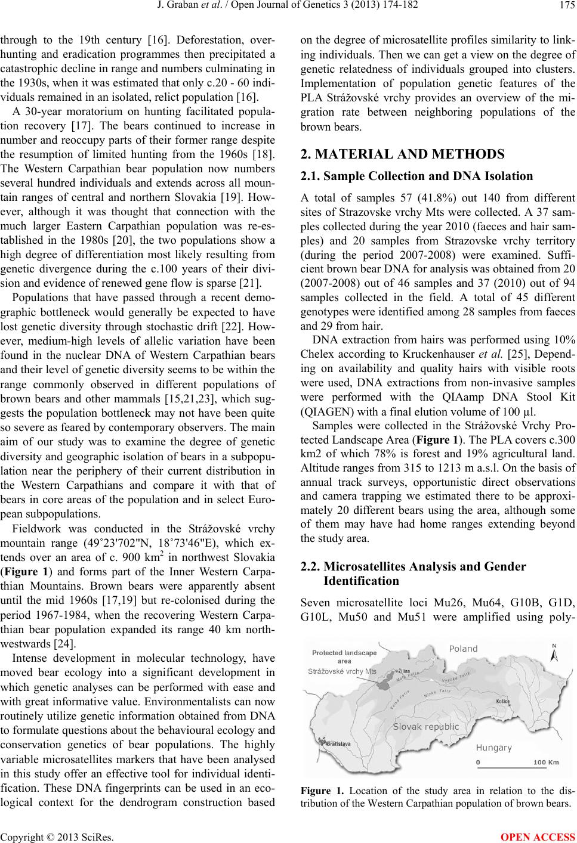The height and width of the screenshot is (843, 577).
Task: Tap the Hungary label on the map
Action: point(493,748)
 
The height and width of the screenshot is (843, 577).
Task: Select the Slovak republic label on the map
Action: point(426,727)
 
